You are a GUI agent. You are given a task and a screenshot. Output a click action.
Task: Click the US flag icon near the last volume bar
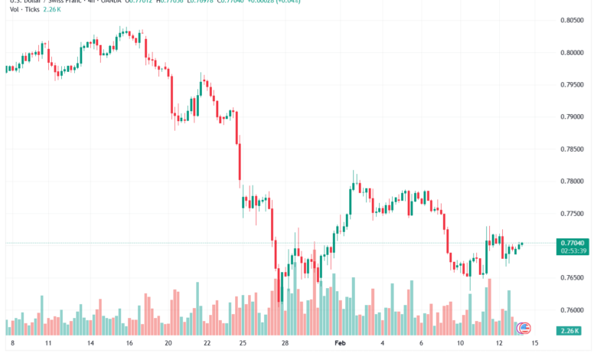point(524,328)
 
